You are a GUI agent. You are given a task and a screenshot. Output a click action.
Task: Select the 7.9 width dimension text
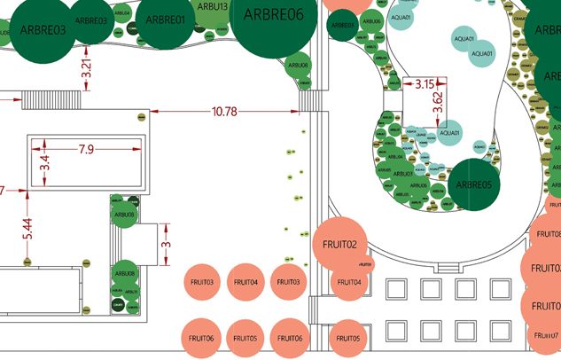coord(87,149)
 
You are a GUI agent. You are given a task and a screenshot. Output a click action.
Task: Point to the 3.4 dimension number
coord(44,164)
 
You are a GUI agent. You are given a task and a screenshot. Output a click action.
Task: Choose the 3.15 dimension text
coord(425,84)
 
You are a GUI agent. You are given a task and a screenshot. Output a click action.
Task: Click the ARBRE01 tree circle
coord(165,20)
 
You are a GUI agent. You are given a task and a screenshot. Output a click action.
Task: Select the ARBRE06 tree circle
coord(275,16)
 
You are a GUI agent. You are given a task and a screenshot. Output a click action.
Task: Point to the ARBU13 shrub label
coord(214,7)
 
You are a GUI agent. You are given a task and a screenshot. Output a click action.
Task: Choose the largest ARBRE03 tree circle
coord(35,31)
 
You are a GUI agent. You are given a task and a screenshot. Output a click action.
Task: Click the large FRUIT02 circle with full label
coord(339,244)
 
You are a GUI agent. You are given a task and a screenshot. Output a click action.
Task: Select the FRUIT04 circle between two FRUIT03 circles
coord(244,282)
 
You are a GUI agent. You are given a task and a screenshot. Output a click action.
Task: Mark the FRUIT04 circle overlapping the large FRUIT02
coord(348,282)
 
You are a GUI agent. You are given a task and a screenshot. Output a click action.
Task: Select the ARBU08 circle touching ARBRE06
coord(298,65)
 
